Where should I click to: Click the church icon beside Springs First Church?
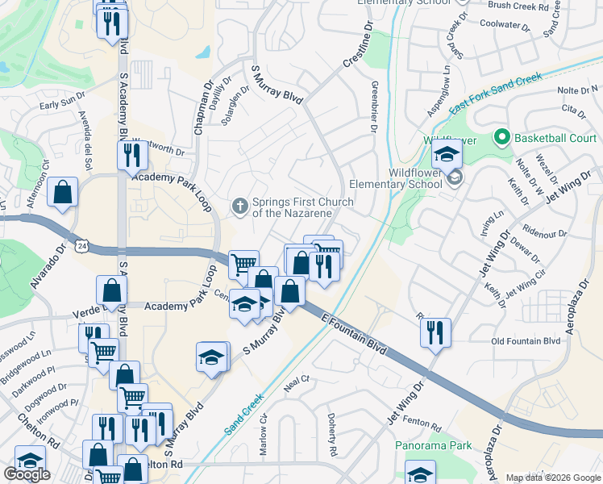pyautogui.click(x=239, y=207)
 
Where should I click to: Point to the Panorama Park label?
pyautogui.click(x=433, y=445)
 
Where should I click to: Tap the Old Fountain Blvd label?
pyautogui.click(x=526, y=341)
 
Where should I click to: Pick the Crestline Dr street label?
pyautogui.click(x=360, y=44)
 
